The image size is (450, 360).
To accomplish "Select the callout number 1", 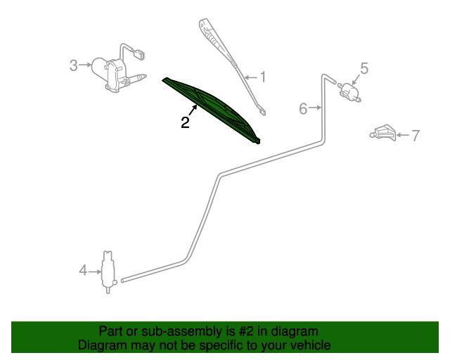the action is coord(262,77).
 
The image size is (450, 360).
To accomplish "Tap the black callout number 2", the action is coord(185,122).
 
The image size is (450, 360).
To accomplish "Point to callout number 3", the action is coord(73,65).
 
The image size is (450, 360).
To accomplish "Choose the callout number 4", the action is coord(83,271).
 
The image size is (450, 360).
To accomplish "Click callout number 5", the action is coord(364,69).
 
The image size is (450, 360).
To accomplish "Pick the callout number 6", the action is coord(303,109).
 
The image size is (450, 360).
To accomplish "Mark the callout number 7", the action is coord(416,135).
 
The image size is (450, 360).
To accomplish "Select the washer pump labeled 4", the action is coord(108,272).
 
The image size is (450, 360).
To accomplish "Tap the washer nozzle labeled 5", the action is coord(350,91).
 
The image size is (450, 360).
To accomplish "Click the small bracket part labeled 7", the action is coord(383,133).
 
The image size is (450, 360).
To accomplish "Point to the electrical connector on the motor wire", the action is coord(139,55).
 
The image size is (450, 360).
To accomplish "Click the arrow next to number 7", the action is coord(403,135).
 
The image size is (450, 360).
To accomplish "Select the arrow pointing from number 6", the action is coord(315,108).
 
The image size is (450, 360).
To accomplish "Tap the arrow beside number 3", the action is coord(85,65).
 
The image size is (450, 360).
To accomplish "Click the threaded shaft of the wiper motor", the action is coord(136,78).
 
